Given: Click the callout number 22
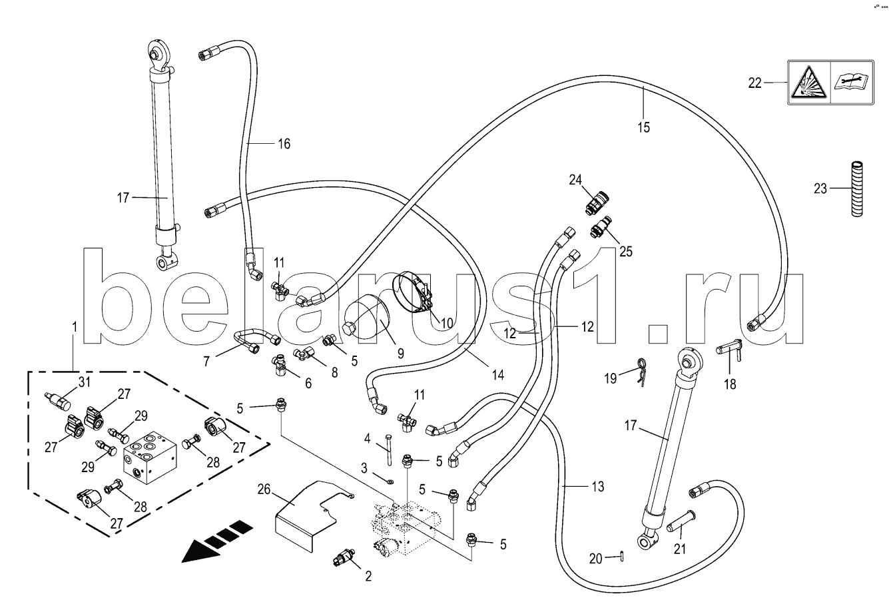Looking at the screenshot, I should click(x=754, y=83).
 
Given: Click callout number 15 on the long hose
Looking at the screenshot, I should click(x=644, y=127).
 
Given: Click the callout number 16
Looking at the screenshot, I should click(x=284, y=143).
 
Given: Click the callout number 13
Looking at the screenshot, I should click(x=597, y=487).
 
